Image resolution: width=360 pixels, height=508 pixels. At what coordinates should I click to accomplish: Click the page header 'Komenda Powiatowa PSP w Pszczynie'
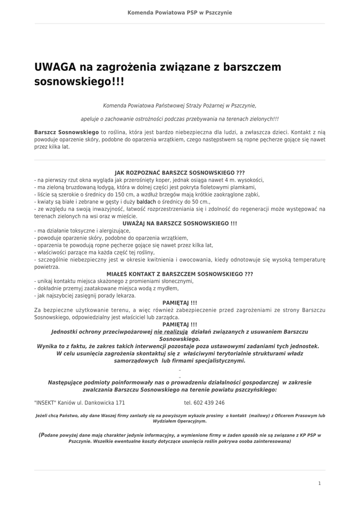pyautogui.click(x=180, y=12)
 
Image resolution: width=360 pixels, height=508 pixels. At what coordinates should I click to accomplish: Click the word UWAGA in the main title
pyautogui.click(x=55, y=67)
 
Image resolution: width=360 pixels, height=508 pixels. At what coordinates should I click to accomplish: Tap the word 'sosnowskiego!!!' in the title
pyautogui.click(x=79, y=81)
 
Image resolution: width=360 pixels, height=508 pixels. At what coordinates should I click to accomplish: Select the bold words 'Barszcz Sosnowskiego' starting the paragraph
pyautogui.click(x=67, y=132)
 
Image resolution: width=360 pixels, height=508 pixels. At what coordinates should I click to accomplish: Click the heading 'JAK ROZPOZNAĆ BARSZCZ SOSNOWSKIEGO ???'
pyautogui.click(x=180, y=173)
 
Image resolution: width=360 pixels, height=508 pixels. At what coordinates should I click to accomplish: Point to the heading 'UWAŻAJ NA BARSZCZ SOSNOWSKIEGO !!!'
pyautogui.click(x=180, y=224)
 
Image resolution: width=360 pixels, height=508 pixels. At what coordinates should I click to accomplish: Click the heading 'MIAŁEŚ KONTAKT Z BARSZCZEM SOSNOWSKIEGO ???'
pyautogui.click(x=180, y=274)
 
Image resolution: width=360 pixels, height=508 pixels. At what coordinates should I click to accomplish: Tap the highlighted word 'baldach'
pyautogui.click(x=146, y=202)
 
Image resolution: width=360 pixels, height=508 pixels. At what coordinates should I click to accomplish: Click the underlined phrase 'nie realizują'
pyautogui.click(x=171, y=331)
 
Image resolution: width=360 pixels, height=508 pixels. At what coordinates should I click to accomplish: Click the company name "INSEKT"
pyautogui.click(x=45, y=403)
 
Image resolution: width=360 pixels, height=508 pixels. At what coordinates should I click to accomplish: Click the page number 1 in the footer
pyautogui.click(x=320, y=483)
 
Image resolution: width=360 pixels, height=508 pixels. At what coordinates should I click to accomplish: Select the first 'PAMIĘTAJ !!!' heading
pyautogui.click(x=180, y=303)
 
